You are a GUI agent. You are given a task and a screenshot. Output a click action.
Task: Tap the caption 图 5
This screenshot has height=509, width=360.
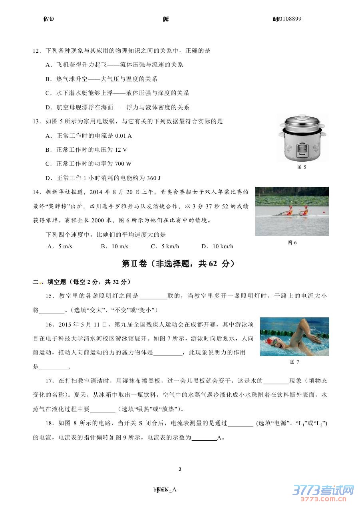point(302,167)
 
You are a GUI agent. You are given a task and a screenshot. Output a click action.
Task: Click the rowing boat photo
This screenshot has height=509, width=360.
point(292,211)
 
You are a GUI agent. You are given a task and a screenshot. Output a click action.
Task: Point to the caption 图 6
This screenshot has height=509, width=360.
point(292,243)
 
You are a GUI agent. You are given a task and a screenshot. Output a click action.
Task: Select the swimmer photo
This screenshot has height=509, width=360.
point(294,337)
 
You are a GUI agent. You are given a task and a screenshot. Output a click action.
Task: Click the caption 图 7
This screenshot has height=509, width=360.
point(294,362)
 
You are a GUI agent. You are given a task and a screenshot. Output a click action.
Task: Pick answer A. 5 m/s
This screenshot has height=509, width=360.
point(60,246)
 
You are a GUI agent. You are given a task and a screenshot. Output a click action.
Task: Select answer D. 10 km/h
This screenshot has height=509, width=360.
point(217,246)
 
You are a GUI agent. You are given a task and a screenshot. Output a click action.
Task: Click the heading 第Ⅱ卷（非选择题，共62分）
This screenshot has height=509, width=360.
point(178,264)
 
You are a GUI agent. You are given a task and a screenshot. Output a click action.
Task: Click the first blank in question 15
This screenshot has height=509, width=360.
point(153,296)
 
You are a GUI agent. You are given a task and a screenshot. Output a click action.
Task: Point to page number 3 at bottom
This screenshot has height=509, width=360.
point(180,469)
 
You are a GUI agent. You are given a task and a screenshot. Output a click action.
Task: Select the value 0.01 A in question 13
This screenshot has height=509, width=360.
point(123,136)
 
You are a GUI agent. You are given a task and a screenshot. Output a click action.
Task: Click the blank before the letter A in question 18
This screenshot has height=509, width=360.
point(204,438)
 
